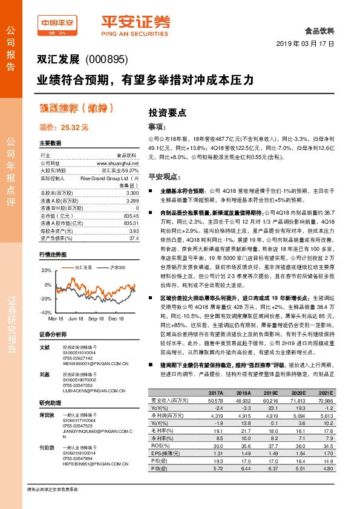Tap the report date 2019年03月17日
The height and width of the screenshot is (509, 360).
[x=305, y=44]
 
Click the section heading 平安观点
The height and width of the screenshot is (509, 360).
[x=165, y=177]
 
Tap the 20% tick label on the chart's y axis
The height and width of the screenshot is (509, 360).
[x=46, y=270]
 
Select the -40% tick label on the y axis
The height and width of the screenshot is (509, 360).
[x=45, y=313]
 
